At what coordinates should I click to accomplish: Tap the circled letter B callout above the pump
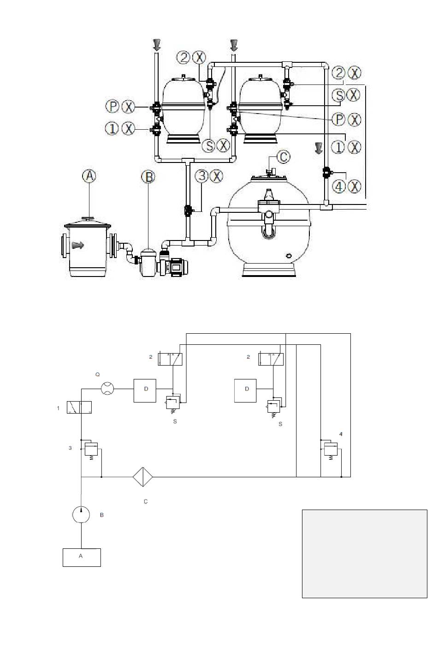coord(148,177)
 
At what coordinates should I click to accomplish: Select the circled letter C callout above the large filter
coord(283,157)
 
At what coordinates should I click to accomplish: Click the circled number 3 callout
coord(201,176)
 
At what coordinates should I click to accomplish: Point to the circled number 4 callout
coord(339,186)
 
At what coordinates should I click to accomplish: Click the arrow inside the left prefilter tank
coord(78,245)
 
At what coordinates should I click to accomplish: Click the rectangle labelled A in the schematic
coord(82,557)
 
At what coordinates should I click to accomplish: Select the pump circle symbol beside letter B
coord(81,514)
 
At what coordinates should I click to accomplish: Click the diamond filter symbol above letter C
coord(143,477)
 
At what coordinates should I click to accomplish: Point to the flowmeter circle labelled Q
coord(107,389)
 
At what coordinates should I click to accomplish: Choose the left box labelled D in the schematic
coord(145,391)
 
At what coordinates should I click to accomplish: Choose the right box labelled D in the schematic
coord(245,391)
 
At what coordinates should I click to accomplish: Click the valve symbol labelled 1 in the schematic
coord(79,407)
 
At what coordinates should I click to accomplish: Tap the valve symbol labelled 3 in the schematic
coord(91,449)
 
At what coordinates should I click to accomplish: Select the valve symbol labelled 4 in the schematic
coord(331,449)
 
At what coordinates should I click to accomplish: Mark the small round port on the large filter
coord(289,255)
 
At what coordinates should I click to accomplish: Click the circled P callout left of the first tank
coord(112,106)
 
